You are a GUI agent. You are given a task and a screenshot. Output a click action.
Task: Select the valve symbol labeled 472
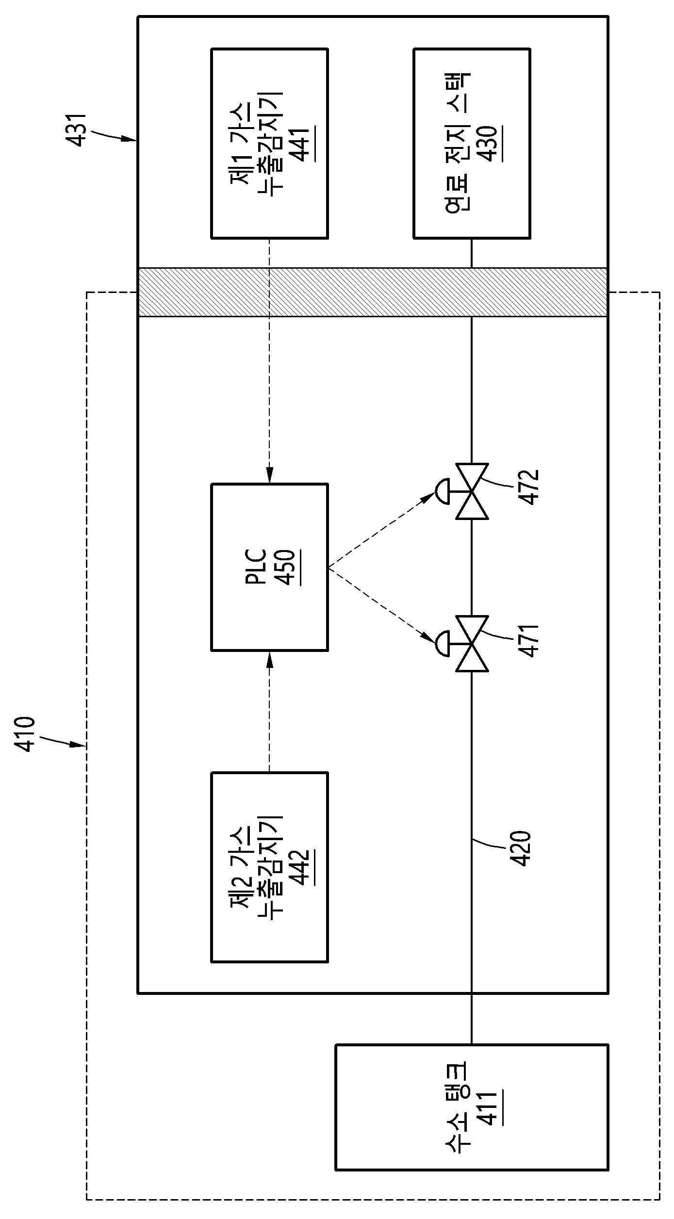click(466, 491)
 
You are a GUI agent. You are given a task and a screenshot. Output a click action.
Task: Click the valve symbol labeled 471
click(466, 644)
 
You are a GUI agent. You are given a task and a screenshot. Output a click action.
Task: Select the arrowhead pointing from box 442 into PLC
click(270, 659)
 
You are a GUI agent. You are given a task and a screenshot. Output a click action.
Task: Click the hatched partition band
click(373, 292)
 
